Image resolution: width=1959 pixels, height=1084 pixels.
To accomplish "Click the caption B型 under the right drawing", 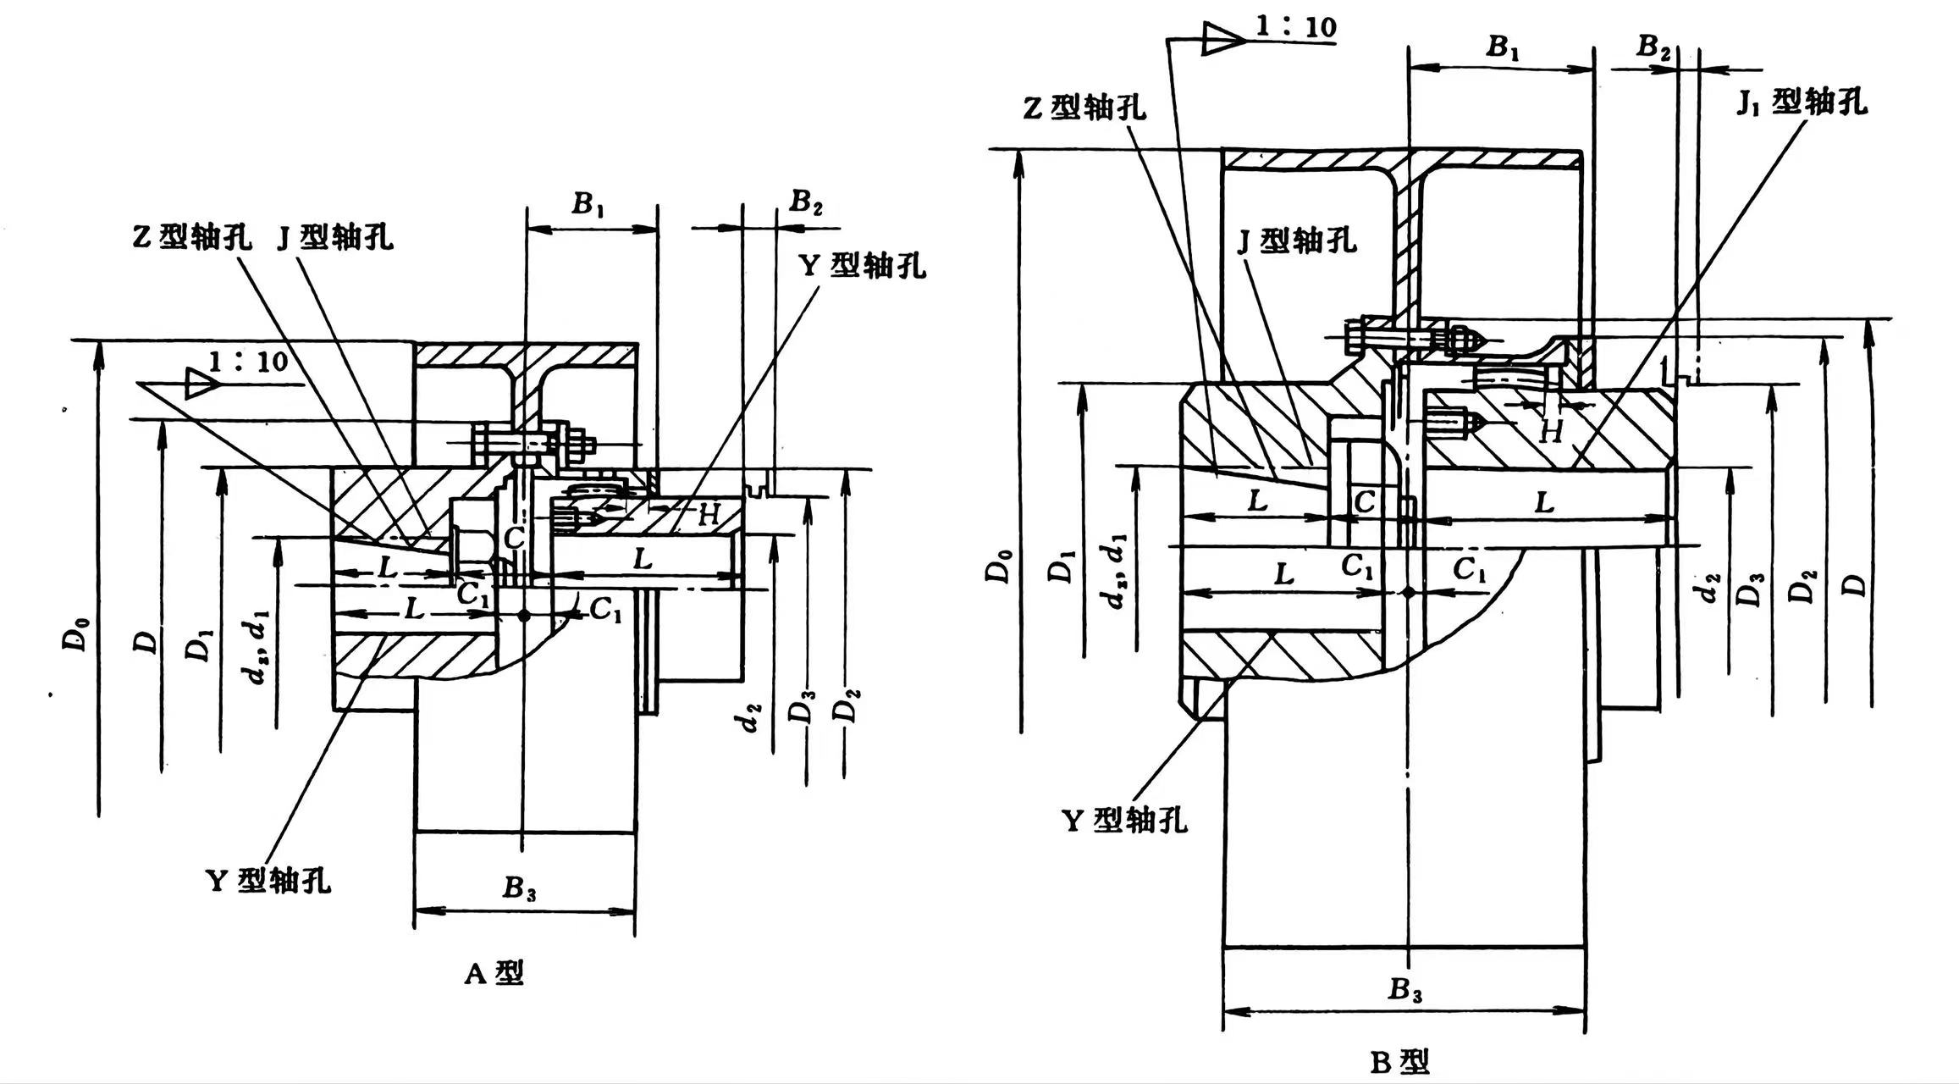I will [x=1400, y=1061].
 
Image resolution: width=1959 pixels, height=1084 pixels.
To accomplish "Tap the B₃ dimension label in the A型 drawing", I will [x=520, y=888].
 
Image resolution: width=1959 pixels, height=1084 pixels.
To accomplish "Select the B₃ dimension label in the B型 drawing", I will [x=1404, y=989].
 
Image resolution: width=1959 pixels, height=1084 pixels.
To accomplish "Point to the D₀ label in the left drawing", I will [x=76, y=633].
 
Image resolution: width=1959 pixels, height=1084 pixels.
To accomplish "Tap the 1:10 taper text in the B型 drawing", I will [x=1295, y=26].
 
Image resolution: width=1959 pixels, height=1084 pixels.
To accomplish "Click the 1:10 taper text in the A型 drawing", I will [x=248, y=362].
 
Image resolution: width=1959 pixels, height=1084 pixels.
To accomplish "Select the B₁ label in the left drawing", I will [x=588, y=204].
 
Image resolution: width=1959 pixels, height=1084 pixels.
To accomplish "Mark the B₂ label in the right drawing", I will [x=1653, y=47].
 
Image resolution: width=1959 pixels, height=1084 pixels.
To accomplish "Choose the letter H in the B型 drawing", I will [x=1551, y=432].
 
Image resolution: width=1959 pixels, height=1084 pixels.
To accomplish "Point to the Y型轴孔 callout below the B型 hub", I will [x=1124, y=820].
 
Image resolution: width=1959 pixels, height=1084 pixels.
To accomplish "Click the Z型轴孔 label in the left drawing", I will [x=191, y=237].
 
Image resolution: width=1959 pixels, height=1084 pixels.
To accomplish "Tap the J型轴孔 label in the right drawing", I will [x=1297, y=241].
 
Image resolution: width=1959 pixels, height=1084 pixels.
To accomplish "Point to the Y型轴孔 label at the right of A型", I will [x=863, y=266].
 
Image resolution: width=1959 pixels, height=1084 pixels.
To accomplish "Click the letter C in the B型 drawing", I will [x=1364, y=501].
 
